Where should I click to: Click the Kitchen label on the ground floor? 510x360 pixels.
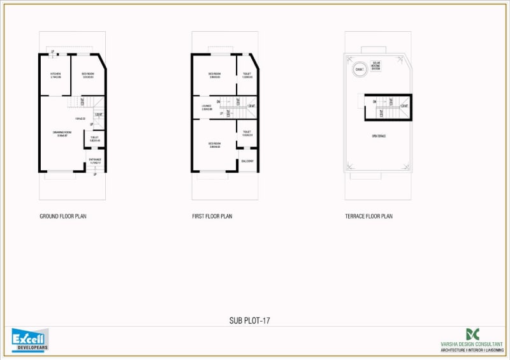[x=55, y=75]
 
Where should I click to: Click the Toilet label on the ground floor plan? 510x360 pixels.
[x=94, y=138]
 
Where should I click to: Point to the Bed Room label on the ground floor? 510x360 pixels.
[x=87, y=75]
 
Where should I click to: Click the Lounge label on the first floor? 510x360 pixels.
[x=207, y=107]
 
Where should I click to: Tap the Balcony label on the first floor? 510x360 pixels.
[x=247, y=161]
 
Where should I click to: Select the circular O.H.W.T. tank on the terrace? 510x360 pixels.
[x=360, y=69]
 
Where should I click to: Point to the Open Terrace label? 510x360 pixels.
[x=379, y=136]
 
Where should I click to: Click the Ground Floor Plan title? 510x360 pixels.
[x=63, y=217]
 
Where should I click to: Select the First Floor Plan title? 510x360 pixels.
[x=212, y=217]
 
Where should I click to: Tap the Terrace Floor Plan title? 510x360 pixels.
[x=368, y=217]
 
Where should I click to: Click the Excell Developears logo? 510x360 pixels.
[x=30, y=340]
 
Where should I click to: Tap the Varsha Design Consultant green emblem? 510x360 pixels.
[x=472, y=334]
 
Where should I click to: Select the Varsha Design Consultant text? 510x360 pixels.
[x=472, y=343]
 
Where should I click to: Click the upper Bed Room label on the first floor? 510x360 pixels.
[x=214, y=75]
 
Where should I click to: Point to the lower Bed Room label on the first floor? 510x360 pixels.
[x=214, y=145]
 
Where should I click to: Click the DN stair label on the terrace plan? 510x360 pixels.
[x=376, y=101]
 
